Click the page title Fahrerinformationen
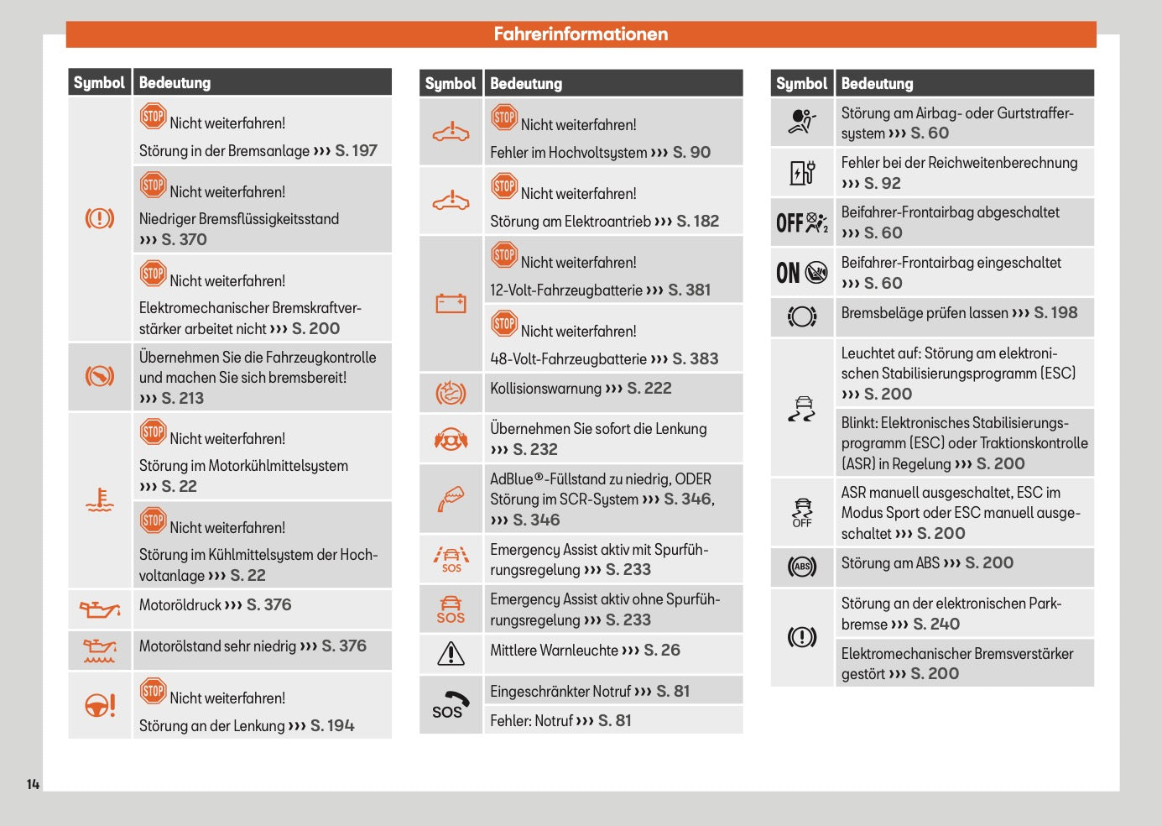click(x=581, y=34)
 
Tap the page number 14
click(x=33, y=784)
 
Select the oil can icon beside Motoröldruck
click(x=100, y=609)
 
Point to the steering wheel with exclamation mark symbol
click(x=100, y=705)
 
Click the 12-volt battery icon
click(x=451, y=303)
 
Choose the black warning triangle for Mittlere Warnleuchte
click(x=451, y=653)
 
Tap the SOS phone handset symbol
click(x=451, y=704)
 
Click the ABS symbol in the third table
click(x=802, y=567)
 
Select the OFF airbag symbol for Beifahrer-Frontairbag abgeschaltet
click(x=802, y=222)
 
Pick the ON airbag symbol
click(x=802, y=272)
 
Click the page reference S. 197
click(x=356, y=151)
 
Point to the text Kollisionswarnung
click(x=545, y=389)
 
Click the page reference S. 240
click(x=936, y=624)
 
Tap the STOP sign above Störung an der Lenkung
click(x=153, y=691)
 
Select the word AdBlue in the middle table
click(x=512, y=479)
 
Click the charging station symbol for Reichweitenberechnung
click(x=802, y=172)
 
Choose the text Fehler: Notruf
click(x=530, y=721)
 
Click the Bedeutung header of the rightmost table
click(x=877, y=83)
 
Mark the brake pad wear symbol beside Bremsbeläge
click(x=802, y=316)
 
